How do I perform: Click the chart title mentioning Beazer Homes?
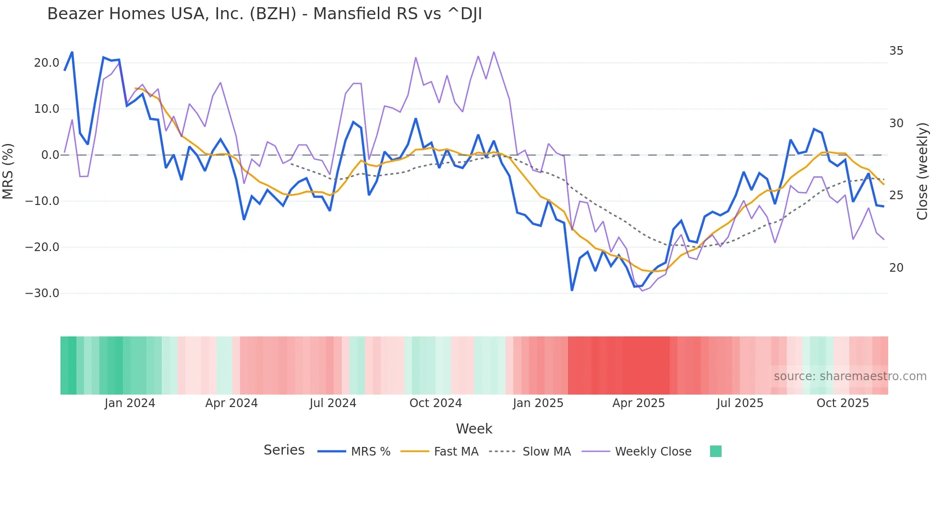point(265,14)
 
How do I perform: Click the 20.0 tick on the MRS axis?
point(47,63)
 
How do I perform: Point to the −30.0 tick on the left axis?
point(42,293)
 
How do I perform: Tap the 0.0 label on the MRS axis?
point(50,155)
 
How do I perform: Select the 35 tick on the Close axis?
point(896,51)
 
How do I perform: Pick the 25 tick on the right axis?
point(896,195)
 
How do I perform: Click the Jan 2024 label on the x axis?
point(130,403)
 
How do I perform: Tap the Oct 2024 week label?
point(435,403)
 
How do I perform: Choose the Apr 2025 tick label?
point(639,403)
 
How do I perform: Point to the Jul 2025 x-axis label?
point(740,403)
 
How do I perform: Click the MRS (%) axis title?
point(8,171)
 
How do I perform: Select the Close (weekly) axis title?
point(922,171)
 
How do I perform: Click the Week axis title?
point(474,429)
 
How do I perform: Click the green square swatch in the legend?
point(715,451)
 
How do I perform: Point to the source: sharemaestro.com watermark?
point(850,376)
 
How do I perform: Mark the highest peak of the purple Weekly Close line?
point(494,52)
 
